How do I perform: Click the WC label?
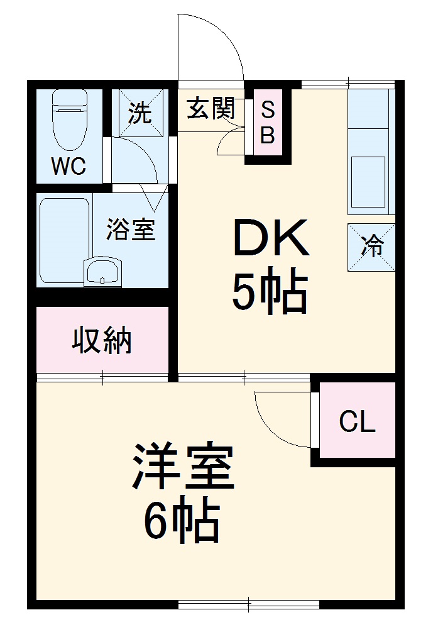(x=68, y=167)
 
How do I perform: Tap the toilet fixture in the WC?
(x=68, y=119)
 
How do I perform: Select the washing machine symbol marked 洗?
(x=141, y=113)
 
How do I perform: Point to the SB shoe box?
(x=268, y=123)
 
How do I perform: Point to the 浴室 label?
(x=130, y=229)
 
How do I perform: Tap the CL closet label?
(x=357, y=422)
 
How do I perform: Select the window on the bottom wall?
(x=249, y=605)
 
